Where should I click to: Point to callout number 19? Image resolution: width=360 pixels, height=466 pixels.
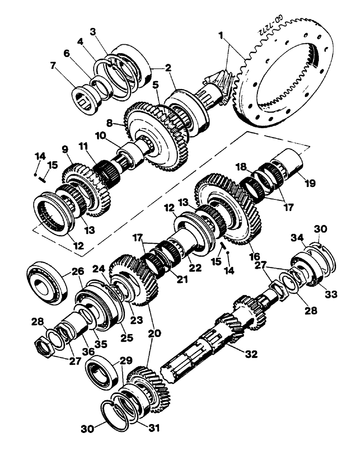[x=310, y=183]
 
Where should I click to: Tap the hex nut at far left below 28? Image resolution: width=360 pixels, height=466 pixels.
[x=45, y=345]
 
